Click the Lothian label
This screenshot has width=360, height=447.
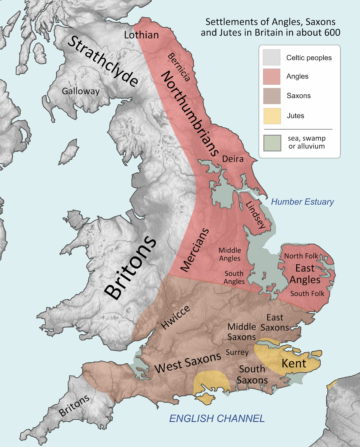pyautogui.click(x=141, y=35)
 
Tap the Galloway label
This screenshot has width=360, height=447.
pyautogui.click(x=81, y=91)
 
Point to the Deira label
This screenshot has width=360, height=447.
pyautogui.click(x=233, y=159)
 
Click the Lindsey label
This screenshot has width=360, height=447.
pyautogui.click(x=255, y=215)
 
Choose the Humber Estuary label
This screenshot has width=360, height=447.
pyautogui.click(x=302, y=202)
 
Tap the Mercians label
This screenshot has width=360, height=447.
pyautogui.click(x=195, y=250)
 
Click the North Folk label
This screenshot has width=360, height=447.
pyautogui.click(x=301, y=256)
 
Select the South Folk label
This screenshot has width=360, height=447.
pyautogui.click(x=307, y=294)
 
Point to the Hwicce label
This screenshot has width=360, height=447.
pyautogui.click(x=176, y=317)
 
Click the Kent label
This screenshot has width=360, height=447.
pyautogui.click(x=294, y=363)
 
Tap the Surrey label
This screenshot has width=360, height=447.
pyautogui.click(x=237, y=352)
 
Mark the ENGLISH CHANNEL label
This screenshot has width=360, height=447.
pyautogui.click(x=217, y=418)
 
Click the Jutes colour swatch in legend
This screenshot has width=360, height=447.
pyautogui.click(x=272, y=116)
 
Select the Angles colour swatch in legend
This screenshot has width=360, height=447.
pyautogui.click(x=272, y=77)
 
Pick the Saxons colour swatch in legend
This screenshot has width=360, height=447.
pyautogui.click(x=272, y=96)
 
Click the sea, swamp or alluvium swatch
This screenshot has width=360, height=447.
pyautogui.click(x=272, y=143)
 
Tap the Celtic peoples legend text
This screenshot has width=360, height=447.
pyautogui.click(x=309, y=58)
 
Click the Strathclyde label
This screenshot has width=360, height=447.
pyautogui.click(x=103, y=61)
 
